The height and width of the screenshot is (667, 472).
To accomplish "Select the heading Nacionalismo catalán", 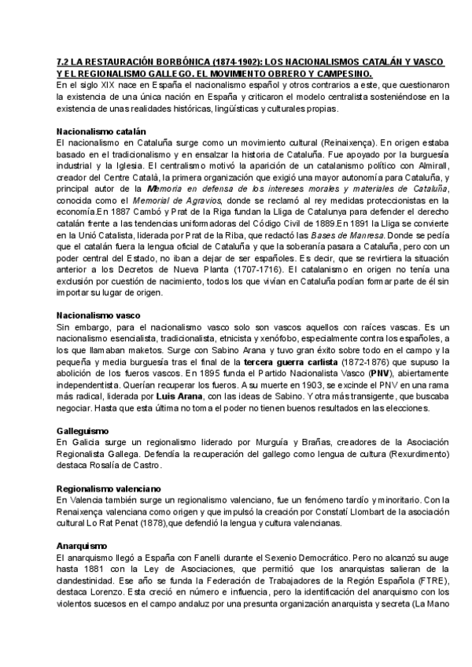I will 101,131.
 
